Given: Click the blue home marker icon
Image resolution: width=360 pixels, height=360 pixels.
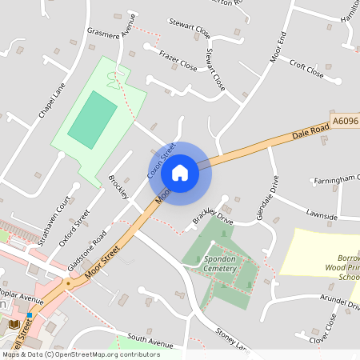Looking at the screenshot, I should click(x=180, y=172).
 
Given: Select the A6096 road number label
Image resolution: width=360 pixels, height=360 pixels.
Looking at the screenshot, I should click(x=346, y=121).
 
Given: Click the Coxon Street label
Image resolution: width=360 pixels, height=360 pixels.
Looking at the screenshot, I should click(x=161, y=160).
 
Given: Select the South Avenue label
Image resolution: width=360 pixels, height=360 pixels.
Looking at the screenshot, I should click(x=150, y=341).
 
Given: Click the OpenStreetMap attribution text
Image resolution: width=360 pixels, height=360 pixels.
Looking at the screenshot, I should click(x=81, y=354).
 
